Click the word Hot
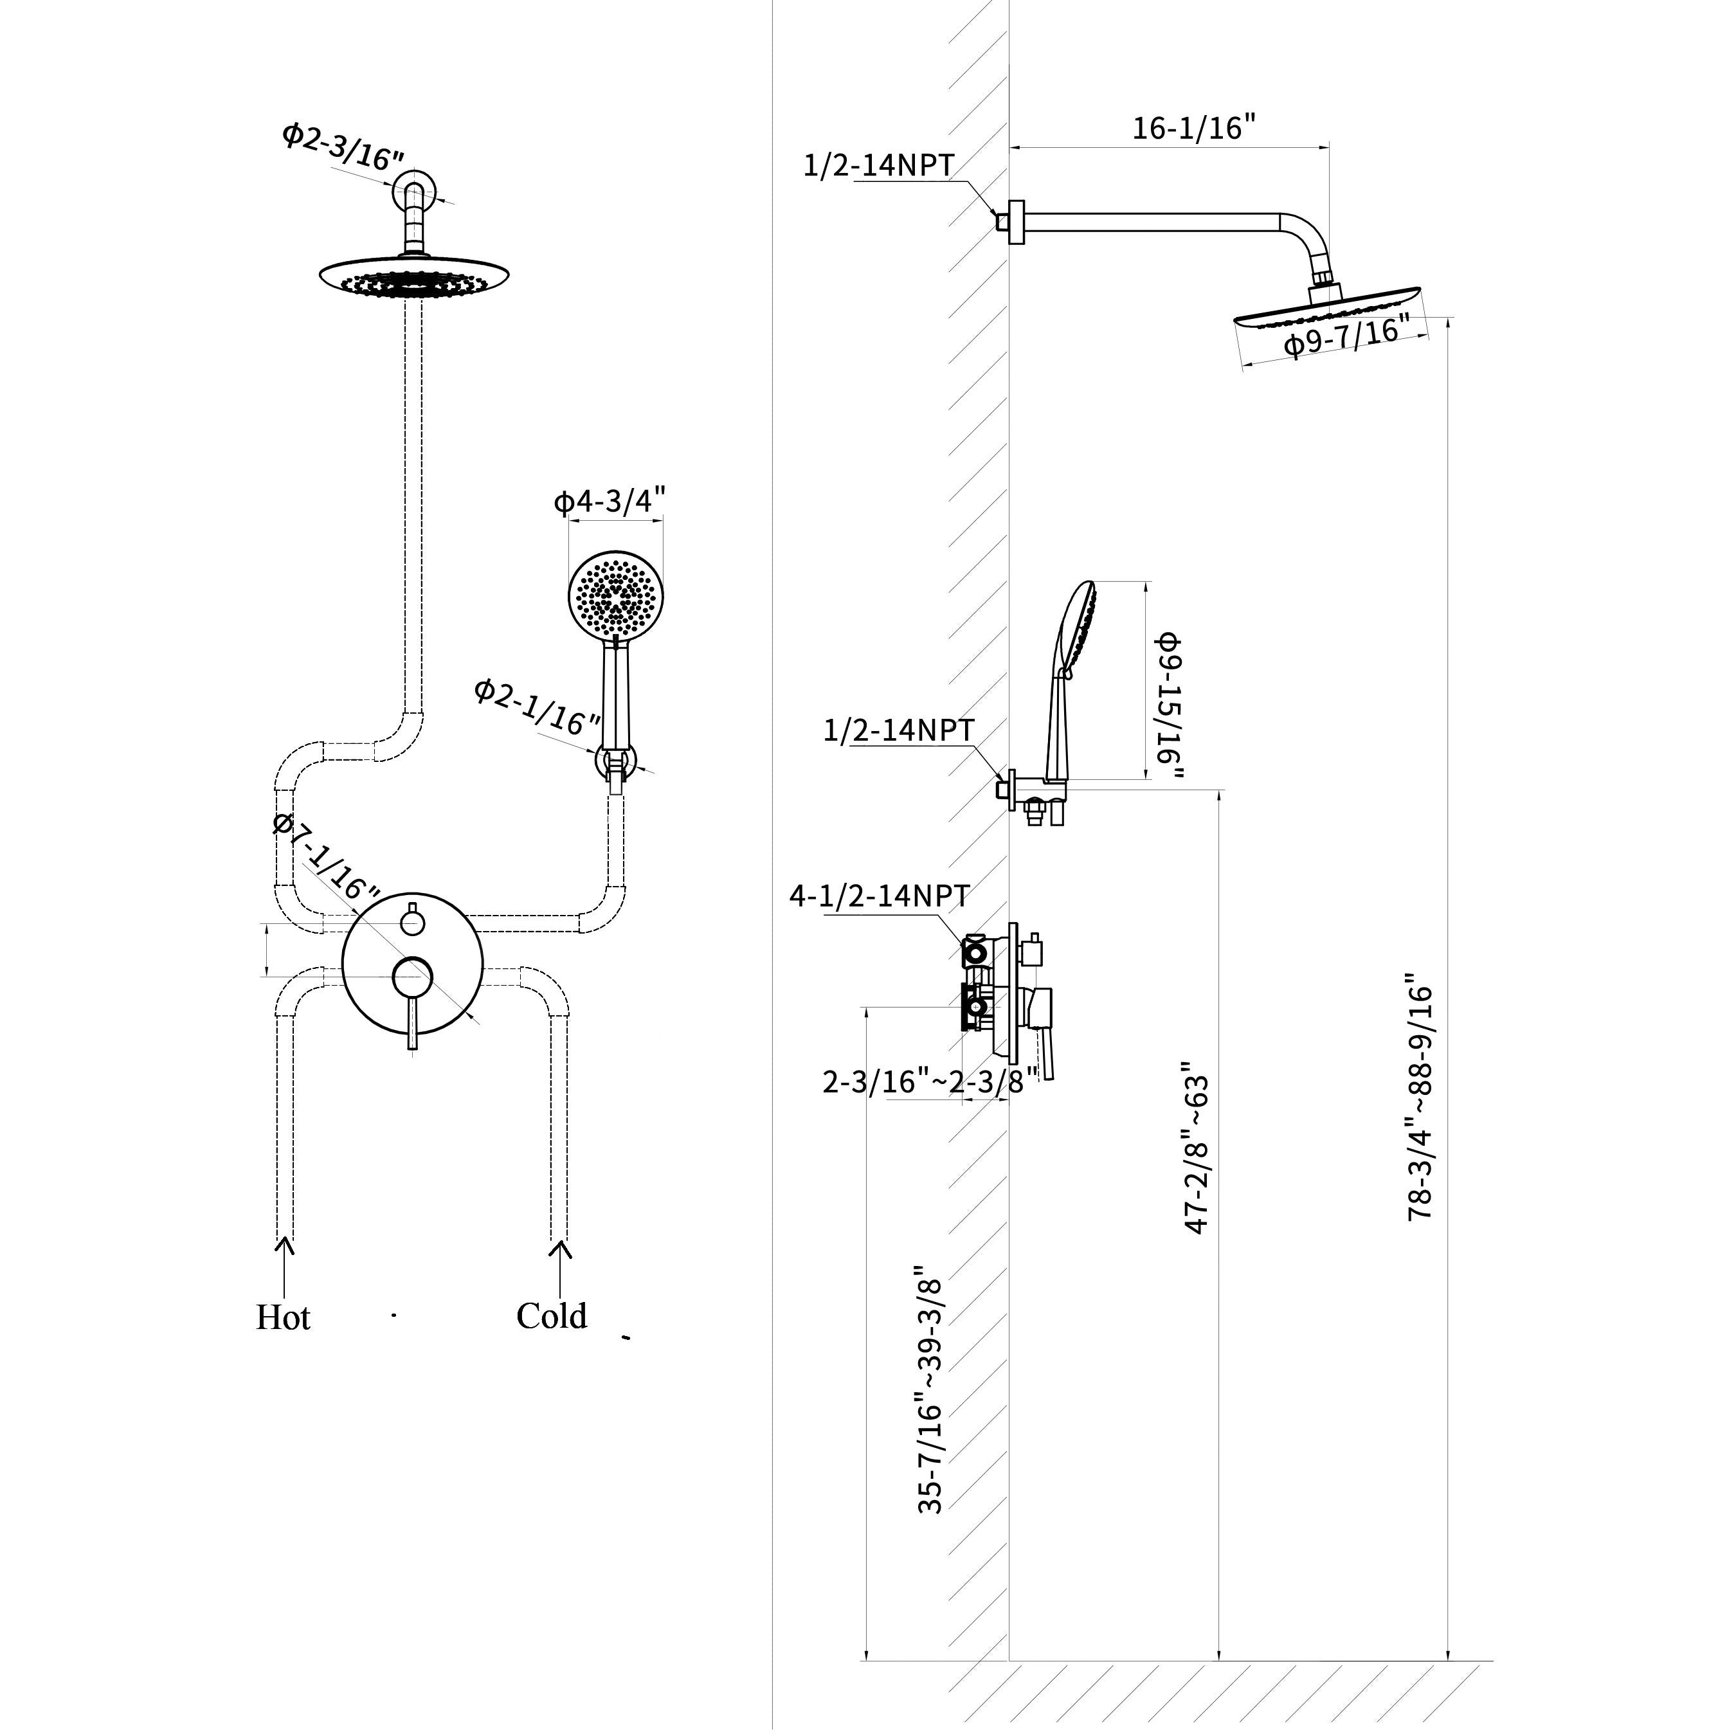pyautogui.click(x=283, y=1317)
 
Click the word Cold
pyautogui.click(x=552, y=1316)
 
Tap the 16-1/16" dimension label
pyautogui.click(x=1193, y=127)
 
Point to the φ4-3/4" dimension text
pyautogui.click(x=610, y=500)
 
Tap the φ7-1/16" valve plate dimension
pyautogui.click(x=325, y=857)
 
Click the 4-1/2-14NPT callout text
pyautogui.click(x=879, y=896)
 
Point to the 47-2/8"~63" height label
pyautogui.click(x=1197, y=1155)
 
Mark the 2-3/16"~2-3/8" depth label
pyautogui.click(x=930, y=1081)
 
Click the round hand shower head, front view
pyautogui.click(x=615, y=595)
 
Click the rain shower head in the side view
pyautogui.click(x=1328, y=305)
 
